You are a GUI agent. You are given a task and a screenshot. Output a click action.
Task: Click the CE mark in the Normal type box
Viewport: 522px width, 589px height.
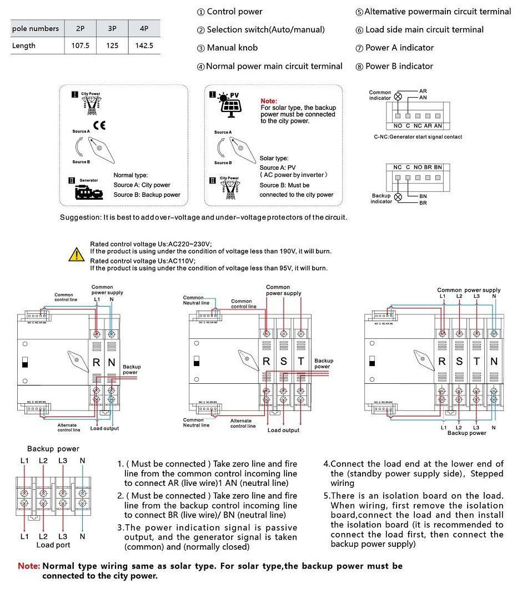pos(99,125)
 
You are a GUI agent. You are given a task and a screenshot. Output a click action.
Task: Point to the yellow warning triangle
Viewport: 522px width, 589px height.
pos(76,255)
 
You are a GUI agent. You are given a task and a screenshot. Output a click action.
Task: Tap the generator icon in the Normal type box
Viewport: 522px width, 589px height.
pos(89,192)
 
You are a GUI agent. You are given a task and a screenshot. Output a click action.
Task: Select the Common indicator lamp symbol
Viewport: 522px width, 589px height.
pos(398,96)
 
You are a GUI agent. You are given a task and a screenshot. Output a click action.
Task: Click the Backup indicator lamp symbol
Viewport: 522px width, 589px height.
pos(398,197)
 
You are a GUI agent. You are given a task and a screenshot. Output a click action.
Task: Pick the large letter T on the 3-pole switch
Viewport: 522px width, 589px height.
pos(301,362)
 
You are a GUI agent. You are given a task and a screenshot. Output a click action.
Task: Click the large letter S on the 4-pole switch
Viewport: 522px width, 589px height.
pos(459,362)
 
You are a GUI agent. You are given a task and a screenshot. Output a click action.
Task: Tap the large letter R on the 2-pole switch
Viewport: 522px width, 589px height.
pos(96,363)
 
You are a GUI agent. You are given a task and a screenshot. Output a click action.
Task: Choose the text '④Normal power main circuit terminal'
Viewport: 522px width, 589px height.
pos(270,66)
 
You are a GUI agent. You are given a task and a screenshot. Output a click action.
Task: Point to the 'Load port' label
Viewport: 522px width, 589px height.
pos(53,545)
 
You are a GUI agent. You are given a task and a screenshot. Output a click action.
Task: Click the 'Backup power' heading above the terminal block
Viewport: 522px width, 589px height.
pos(53,449)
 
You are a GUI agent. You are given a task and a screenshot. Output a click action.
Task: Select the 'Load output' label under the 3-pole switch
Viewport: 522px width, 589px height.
pos(283,430)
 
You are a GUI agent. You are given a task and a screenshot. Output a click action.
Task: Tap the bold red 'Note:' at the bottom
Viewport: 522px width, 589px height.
pos(29,566)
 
